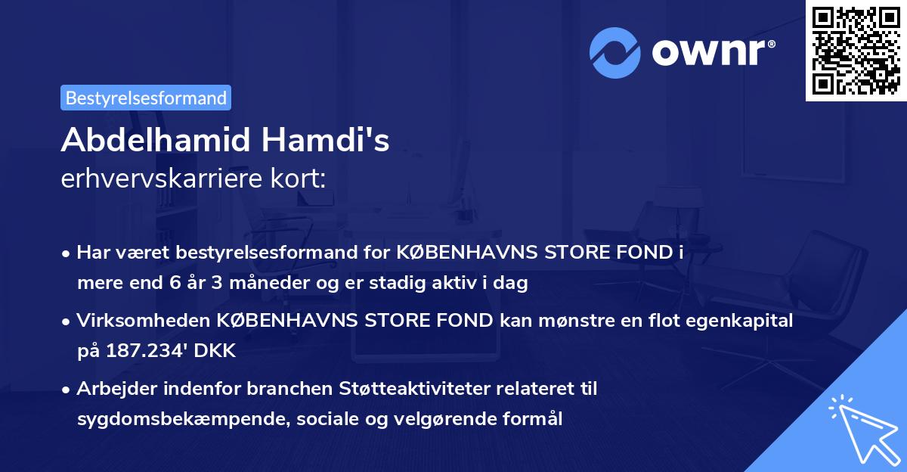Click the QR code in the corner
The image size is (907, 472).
[x=856, y=51]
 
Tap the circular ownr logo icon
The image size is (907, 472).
[x=615, y=53]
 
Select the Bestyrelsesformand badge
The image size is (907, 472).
[x=146, y=98]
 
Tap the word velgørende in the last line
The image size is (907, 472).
[x=417, y=419]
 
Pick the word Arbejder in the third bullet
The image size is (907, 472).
[x=111, y=389]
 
